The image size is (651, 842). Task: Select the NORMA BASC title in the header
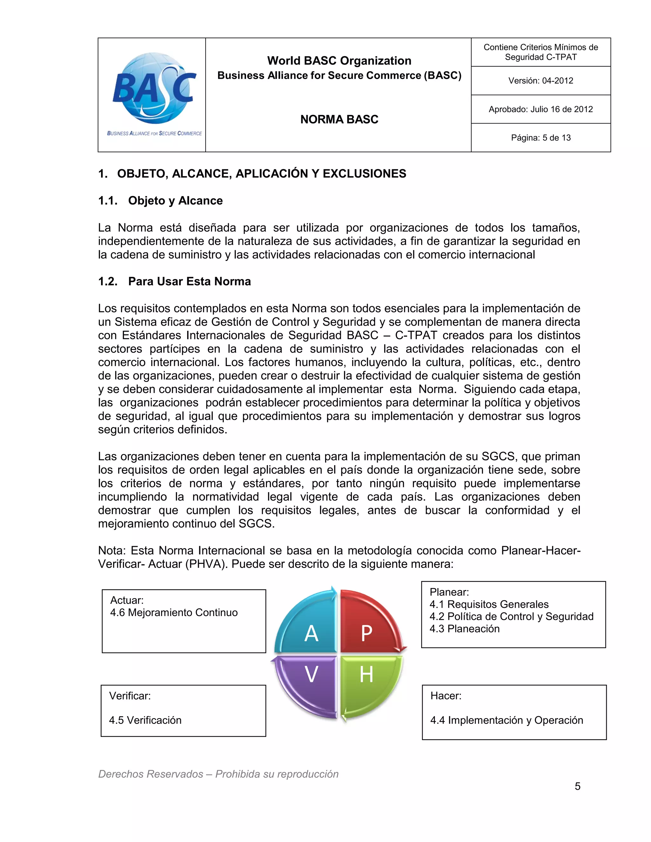pyautogui.click(x=339, y=119)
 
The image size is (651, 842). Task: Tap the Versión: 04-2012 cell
pyautogui.click(x=540, y=81)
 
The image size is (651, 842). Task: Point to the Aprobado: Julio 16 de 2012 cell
pyautogui.click(x=540, y=109)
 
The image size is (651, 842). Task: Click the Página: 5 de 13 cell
pyautogui.click(x=540, y=138)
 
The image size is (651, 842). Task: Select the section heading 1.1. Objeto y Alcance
pyautogui.click(x=161, y=200)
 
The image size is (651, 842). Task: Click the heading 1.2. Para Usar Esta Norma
pyautogui.click(x=174, y=282)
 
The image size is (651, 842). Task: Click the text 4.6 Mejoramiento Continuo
pyautogui.click(x=174, y=613)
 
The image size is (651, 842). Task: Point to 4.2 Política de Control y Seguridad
pyautogui.click(x=511, y=616)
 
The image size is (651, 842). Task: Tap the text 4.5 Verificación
pyautogui.click(x=145, y=720)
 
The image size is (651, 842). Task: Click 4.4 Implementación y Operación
pyautogui.click(x=506, y=720)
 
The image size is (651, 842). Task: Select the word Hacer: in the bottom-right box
pyautogui.click(x=446, y=696)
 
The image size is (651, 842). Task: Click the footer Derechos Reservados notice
pyautogui.click(x=218, y=774)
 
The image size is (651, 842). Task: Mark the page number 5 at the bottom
pyautogui.click(x=577, y=786)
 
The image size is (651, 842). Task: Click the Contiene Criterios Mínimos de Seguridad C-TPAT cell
pyautogui.click(x=540, y=52)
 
